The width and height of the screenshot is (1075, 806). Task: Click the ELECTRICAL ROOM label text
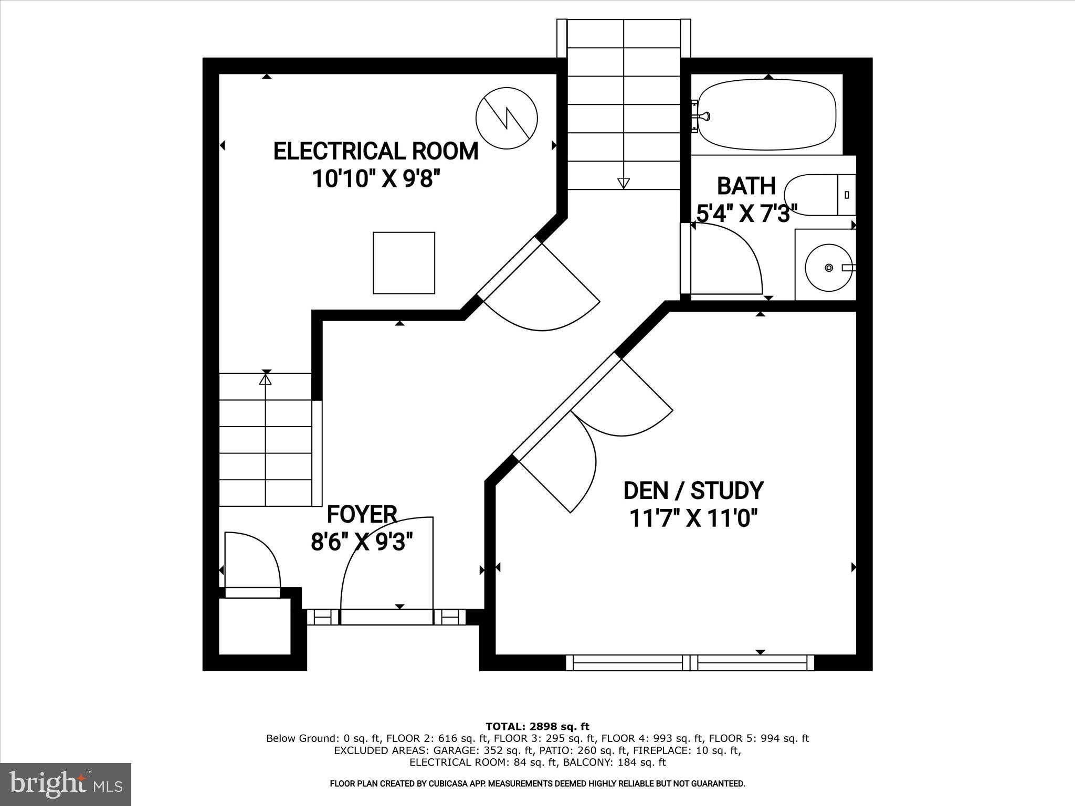(x=376, y=151)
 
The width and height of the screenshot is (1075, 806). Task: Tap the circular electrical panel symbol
(x=506, y=118)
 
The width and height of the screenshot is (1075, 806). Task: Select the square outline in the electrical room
(x=404, y=263)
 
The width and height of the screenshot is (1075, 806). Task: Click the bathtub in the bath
(x=767, y=114)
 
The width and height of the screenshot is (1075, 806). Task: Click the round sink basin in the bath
(x=828, y=268)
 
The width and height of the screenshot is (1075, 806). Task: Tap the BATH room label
(x=746, y=186)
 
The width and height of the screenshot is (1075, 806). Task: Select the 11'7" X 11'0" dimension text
(x=693, y=519)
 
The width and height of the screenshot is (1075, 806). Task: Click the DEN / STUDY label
(x=693, y=490)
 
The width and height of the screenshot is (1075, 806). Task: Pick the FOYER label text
(x=362, y=514)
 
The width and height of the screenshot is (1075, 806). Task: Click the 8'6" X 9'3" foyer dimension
(x=362, y=542)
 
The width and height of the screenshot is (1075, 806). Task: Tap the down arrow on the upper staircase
(x=623, y=183)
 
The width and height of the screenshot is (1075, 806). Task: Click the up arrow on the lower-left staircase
(x=266, y=378)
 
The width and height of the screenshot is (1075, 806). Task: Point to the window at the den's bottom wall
(x=690, y=663)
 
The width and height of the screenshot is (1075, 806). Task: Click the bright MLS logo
(x=66, y=784)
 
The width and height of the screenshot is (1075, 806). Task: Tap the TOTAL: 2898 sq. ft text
(x=537, y=726)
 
